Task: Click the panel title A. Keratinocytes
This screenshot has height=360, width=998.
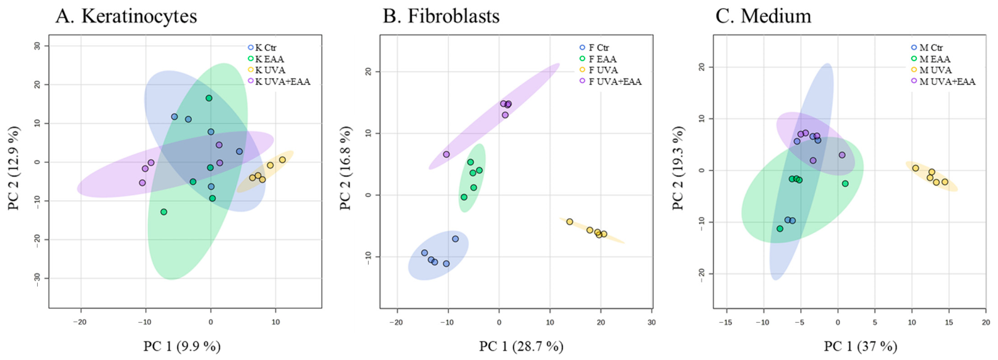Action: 126,16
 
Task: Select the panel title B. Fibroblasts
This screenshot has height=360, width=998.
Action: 441,16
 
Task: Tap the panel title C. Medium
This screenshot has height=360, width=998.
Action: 763,16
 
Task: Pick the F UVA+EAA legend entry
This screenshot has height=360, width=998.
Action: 610,82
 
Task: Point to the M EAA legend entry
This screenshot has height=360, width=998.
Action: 930,59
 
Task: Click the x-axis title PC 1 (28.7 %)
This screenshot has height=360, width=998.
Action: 521,346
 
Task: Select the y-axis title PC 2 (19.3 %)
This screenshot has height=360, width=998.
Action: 678,168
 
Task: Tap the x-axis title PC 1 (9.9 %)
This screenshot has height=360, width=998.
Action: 182,346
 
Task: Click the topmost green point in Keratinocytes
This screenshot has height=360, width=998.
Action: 209,98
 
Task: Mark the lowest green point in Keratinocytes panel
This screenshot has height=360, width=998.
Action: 164,211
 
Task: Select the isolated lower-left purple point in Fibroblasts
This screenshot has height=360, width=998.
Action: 446,154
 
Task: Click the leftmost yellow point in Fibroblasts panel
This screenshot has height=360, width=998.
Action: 569,222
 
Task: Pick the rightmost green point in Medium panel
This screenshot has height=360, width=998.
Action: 845,184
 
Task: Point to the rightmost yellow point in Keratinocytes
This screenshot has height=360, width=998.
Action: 282,159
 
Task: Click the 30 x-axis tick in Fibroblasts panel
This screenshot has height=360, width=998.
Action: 651,322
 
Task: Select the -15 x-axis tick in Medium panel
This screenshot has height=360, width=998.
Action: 726,322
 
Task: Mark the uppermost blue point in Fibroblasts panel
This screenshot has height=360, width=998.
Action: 456,239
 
